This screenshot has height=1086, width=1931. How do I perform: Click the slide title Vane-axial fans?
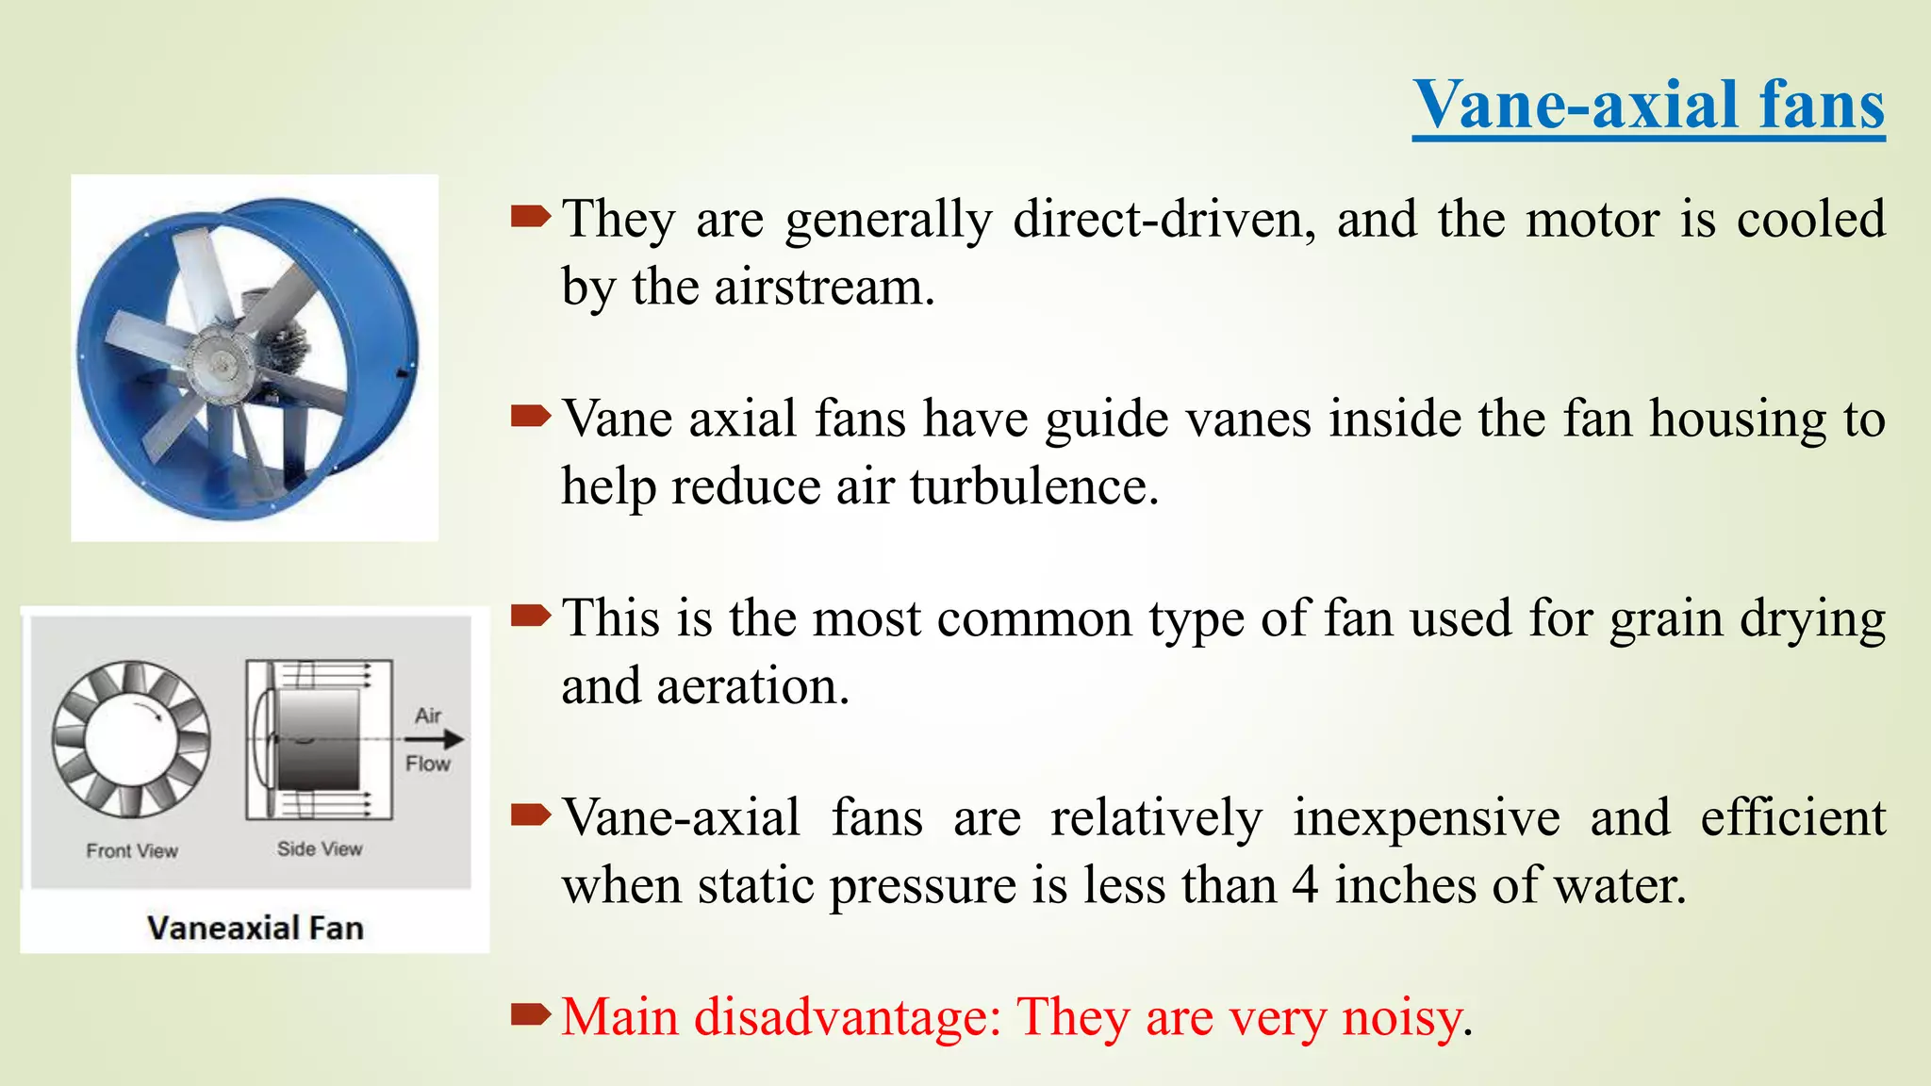click(1648, 105)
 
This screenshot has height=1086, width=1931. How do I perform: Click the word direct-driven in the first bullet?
click(1164, 220)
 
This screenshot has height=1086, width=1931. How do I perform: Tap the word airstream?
click(823, 287)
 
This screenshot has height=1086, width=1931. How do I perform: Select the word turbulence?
click(1033, 486)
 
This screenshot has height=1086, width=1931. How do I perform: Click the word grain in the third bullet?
click(1665, 620)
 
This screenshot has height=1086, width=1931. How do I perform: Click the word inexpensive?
click(1426, 818)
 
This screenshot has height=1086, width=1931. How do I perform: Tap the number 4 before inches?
click(1305, 886)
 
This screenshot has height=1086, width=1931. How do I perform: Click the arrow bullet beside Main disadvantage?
click(530, 1014)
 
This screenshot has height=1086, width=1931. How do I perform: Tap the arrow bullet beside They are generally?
click(530, 218)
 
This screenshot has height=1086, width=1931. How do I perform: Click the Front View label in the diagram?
click(132, 850)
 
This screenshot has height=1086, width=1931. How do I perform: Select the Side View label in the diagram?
click(320, 848)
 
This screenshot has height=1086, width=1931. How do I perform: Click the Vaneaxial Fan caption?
click(256, 928)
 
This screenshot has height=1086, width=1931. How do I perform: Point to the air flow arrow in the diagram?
click(436, 740)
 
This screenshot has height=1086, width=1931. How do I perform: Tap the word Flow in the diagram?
click(428, 764)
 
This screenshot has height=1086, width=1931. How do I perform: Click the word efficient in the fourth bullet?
click(1792, 818)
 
